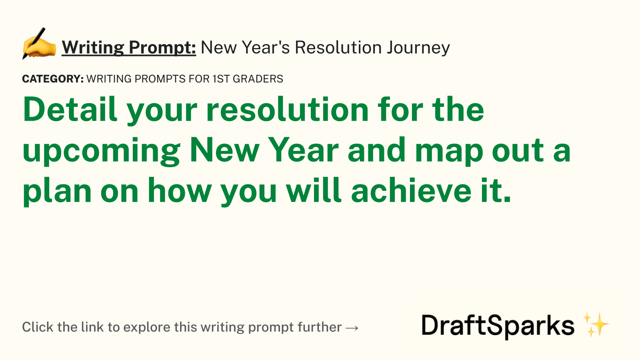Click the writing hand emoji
(39, 44)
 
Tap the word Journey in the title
(418, 48)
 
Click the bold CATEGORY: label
(53, 79)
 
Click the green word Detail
(70, 109)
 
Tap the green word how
(180, 190)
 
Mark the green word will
(314, 190)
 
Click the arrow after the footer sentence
(352, 328)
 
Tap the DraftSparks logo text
(498, 326)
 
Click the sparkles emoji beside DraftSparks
(596, 324)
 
